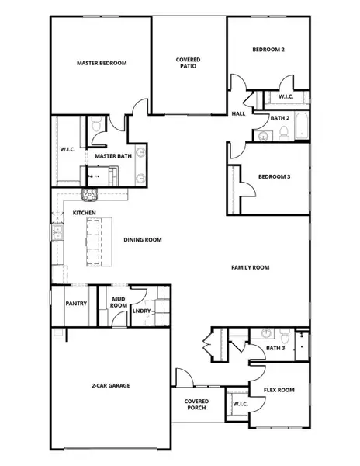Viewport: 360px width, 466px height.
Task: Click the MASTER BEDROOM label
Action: pos(102,63)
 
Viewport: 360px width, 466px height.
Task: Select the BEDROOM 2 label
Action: pos(268,50)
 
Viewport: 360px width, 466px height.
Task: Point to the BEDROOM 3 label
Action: pos(274,177)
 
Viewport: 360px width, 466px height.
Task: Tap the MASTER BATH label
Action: pos(113,156)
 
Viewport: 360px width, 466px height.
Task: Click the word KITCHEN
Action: pos(84,212)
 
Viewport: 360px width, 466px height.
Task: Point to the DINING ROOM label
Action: pos(143,240)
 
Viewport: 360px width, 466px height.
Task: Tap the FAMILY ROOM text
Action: pos(250,267)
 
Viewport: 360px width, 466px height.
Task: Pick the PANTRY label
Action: pos(75,304)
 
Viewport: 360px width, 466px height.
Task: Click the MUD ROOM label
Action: pos(119,301)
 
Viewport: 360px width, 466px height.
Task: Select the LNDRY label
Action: pos(141,311)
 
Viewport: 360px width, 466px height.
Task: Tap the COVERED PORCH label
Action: pos(196,405)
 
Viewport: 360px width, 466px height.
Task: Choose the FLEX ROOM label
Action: pos(279,390)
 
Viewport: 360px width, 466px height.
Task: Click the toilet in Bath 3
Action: pos(285,337)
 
